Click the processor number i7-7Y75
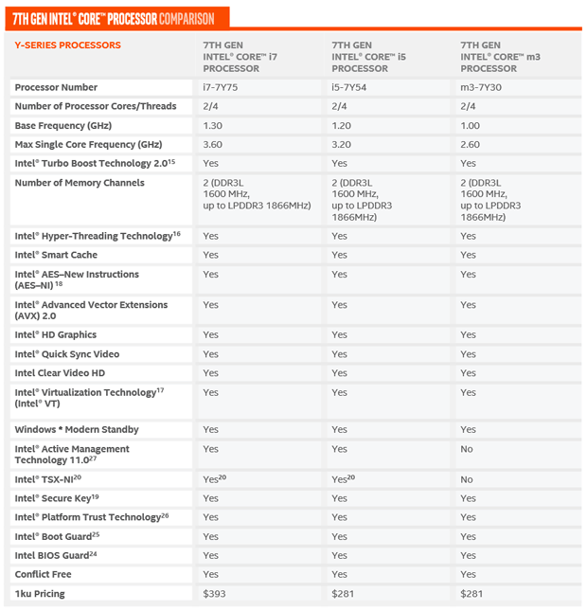[221, 87]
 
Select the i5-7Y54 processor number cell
[349, 87]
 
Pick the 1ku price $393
[216, 594]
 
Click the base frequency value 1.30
[213, 125]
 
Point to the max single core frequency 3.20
[342, 144]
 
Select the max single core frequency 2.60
[471, 144]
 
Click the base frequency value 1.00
[471, 125]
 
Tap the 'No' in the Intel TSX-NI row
[467, 480]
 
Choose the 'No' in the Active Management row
[467, 449]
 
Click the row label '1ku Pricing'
[40, 594]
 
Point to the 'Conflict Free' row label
[43, 574]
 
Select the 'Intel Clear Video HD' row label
[60, 373]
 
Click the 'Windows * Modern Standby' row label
[76, 430]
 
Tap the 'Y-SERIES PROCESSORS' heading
[67, 45]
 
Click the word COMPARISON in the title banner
[186, 18]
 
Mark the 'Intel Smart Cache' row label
[56, 255]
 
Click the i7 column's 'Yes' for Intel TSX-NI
[214, 480]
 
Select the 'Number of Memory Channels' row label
[80, 183]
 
